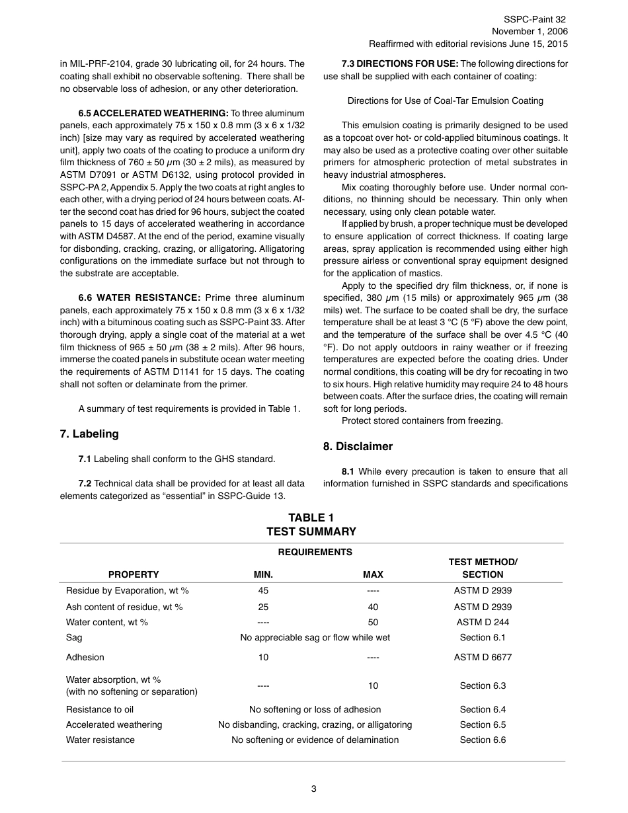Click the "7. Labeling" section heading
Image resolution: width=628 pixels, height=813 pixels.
(89, 434)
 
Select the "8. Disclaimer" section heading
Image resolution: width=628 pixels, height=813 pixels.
(358, 446)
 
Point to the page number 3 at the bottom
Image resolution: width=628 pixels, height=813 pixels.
(313, 788)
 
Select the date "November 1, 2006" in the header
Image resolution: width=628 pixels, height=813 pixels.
(529, 32)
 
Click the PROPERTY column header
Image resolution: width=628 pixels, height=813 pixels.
(134, 574)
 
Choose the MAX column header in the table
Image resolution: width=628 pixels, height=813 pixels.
(373, 574)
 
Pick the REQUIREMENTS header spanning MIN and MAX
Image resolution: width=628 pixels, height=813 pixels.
(315, 552)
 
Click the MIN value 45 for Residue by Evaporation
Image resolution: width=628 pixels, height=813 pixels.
(263, 590)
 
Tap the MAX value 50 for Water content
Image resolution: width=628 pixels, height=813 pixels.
(373, 622)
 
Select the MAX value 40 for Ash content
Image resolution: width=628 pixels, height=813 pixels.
(373, 607)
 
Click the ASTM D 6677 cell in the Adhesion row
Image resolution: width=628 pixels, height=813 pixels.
(483, 657)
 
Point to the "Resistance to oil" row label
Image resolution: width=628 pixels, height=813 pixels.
(100, 709)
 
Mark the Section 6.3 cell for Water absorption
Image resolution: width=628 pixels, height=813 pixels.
(483, 685)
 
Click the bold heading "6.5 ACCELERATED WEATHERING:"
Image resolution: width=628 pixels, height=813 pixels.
(153, 114)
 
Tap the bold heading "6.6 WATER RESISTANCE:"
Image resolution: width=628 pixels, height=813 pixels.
(139, 297)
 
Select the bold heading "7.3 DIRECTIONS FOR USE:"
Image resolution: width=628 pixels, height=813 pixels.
(399, 64)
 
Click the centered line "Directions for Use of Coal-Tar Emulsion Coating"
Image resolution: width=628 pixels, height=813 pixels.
(446, 101)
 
